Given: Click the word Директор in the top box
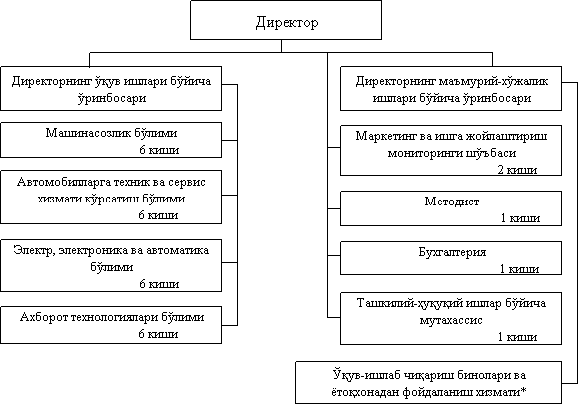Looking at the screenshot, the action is [x=287, y=22].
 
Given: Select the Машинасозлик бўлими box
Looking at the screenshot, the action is [x=111, y=140].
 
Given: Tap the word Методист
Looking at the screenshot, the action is [x=451, y=202].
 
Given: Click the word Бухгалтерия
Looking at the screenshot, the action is [x=452, y=252].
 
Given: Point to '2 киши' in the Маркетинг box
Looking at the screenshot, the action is [x=517, y=170].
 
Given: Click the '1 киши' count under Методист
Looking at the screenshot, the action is [x=520, y=218].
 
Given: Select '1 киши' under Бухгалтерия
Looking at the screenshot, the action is [x=519, y=269].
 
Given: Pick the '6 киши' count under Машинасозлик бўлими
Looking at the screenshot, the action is [x=159, y=150].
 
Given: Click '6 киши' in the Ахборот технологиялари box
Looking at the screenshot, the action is [x=158, y=334].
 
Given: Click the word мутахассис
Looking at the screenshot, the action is [x=451, y=320].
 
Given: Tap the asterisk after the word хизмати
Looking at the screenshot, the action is [x=523, y=389].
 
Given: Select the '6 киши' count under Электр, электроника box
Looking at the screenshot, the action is [x=159, y=284].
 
